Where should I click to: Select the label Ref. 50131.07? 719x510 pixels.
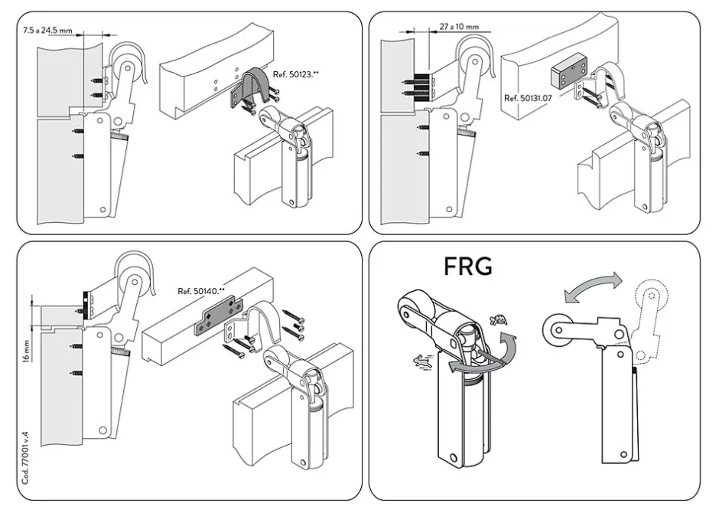click(528, 99)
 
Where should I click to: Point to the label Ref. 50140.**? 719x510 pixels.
click(201, 292)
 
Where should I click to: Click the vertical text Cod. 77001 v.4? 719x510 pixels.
click(25, 460)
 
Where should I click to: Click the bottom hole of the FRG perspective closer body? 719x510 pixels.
click(454, 457)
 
